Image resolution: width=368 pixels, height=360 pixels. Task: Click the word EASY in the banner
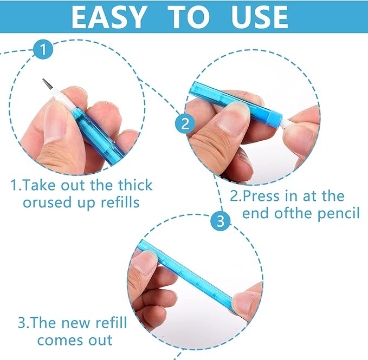(108, 17)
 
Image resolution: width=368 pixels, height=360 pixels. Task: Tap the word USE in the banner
(260, 17)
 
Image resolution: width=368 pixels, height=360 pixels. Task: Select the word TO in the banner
(189, 17)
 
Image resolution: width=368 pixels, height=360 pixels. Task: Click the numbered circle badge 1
(43, 49)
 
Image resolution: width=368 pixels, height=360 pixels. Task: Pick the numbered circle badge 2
(185, 123)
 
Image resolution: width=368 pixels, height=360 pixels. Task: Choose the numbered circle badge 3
(220, 221)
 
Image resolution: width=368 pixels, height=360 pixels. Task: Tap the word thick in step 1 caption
(135, 185)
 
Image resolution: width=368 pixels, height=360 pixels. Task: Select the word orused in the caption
(47, 202)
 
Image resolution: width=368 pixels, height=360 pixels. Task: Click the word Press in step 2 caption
(262, 196)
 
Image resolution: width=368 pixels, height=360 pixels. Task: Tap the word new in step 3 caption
(75, 323)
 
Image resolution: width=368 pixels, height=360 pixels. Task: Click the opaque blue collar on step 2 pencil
(275, 117)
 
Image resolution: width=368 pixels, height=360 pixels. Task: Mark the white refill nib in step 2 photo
(285, 123)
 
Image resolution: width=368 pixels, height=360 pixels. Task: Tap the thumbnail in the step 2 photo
(233, 118)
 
